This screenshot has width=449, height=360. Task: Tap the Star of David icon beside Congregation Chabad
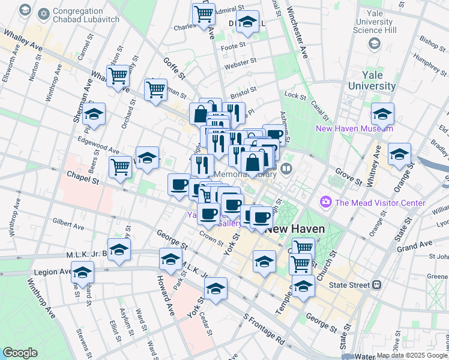point(25,10)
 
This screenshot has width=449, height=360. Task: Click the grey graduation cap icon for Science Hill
point(375,43)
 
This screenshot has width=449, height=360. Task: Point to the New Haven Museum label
point(355,128)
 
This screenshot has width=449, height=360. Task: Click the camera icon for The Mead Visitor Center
point(327,203)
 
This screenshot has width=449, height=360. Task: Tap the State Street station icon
point(377,284)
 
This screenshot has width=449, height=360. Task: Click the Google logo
point(20,353)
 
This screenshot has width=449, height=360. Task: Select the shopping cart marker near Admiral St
point(204,13)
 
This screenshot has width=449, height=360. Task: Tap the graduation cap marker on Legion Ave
point(82,272)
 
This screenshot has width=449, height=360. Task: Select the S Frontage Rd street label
point(264,327)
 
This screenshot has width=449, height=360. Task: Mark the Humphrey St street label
point(427,64)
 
